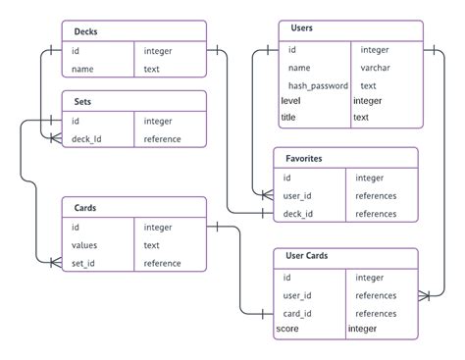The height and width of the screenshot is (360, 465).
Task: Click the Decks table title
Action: [86, 31]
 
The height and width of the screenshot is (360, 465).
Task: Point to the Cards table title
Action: [85, 207]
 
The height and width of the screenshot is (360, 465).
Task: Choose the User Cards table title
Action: [306, 257]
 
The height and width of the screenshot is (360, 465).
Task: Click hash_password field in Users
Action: [318, 85]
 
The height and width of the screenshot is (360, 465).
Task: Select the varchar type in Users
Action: [376, 68]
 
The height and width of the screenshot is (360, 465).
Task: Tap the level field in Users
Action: [290, 101]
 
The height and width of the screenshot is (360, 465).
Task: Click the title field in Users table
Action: [288, 118]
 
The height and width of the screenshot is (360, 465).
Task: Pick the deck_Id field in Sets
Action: [88, 138]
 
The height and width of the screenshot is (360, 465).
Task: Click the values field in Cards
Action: [85, 245]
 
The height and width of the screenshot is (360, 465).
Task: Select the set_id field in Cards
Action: [85, 263]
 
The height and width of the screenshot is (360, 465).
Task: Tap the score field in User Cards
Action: [287, 330]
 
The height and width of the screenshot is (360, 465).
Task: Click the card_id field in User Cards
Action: [297, 314]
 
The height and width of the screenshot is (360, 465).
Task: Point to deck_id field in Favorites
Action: [298, 213]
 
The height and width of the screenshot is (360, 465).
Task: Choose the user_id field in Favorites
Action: [298, 195]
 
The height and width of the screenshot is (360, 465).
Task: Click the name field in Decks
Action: [82, 69]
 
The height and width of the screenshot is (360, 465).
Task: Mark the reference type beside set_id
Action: [162, 263]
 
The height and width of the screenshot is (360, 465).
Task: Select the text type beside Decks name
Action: [152, 69]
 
